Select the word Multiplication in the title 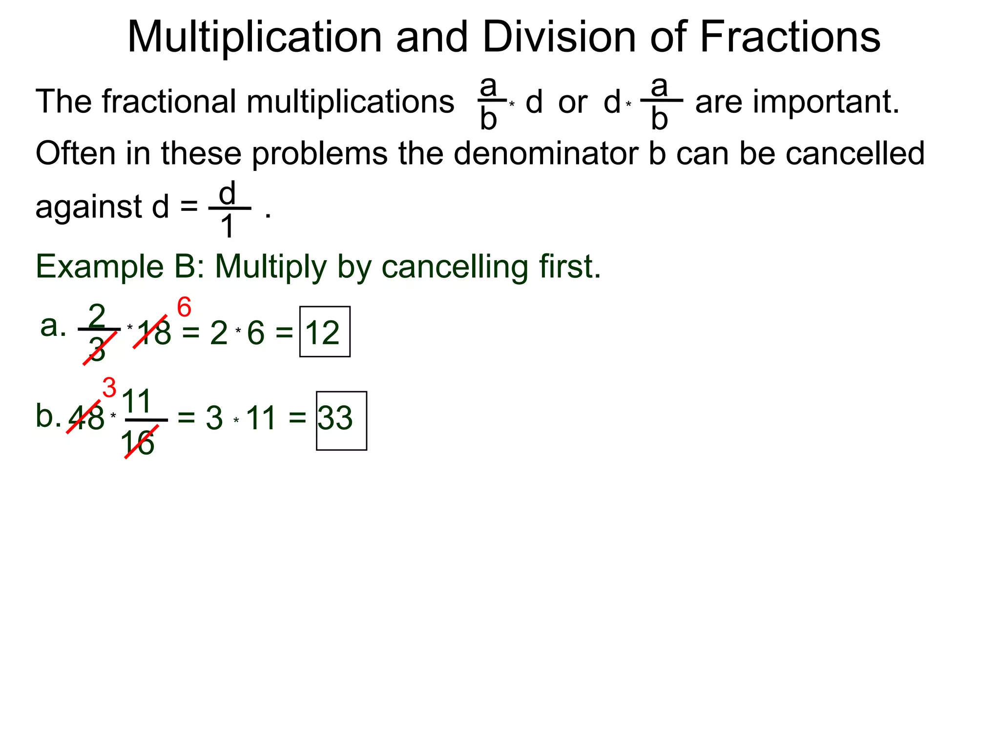[254, 38]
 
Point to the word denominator [545, 153]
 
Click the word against [88, 207]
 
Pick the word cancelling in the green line [454, 267]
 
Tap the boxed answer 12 [323, 333]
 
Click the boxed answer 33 [336, 418]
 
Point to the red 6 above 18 [184, 308]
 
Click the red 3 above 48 [109, 388]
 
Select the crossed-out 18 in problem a [154, 333]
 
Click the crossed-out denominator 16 [138, 444]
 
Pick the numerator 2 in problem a [97, 315]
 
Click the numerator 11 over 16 [137, 401]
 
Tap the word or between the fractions [572, 103]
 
